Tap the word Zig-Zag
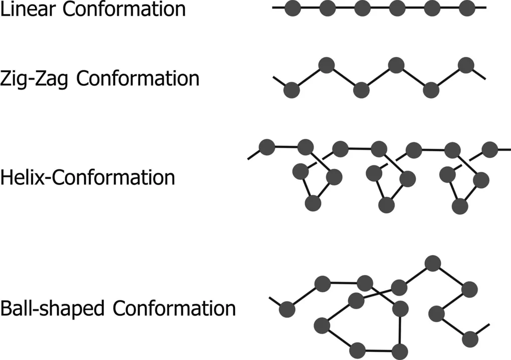point(34,79)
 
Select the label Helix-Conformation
point(87,178)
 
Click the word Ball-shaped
point(52,309)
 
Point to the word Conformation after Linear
point(124,9)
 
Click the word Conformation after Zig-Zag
point(138,79)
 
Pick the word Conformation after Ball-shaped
point(174,308)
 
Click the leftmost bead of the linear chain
point(293,8)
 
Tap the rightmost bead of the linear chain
point(467,8)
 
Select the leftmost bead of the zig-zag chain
point(292,90)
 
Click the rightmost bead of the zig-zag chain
point(466,65)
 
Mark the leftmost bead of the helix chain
point(267,147)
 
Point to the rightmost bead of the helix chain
point(489,150)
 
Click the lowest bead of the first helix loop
point(313,203)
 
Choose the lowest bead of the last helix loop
point(460,206)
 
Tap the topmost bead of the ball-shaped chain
point(433,263)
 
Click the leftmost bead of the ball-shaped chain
point(287,309)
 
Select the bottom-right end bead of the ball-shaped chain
point(470,339)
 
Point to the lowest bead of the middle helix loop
point(387,205)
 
